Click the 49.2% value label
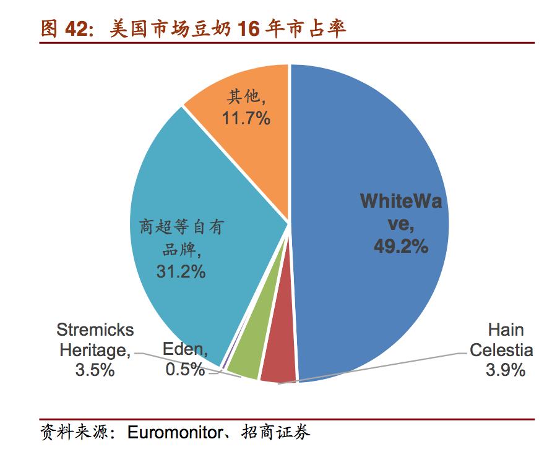click(400, 247)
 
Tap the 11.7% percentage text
click(246, 118)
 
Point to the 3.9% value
click(504, 370)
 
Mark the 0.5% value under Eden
click(184, 370)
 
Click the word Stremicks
click(95, 330)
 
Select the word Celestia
click(501, 350)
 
